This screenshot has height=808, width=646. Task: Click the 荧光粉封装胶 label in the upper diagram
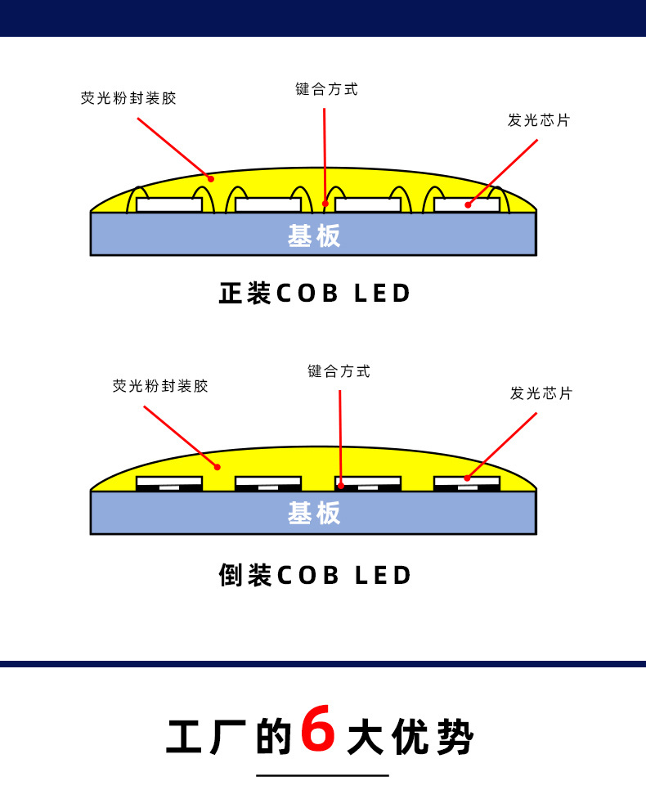tap(128, 98)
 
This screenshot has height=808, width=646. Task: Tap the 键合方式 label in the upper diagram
tap(326, 89)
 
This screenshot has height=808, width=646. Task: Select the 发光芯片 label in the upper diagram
tap(538, 120)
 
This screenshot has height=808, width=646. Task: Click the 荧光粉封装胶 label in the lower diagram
tap(160, 386)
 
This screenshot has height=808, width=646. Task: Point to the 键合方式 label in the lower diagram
tap(339, 371)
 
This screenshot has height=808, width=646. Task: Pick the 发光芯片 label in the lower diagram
tap(541, 393)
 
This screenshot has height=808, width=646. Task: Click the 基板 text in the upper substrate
tap(314, 236)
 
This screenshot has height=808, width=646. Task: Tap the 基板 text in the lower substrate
tap(314, 514)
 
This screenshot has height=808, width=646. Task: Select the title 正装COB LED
tap(315, 294)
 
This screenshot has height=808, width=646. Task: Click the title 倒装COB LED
tap(315, 575)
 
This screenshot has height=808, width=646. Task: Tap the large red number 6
tap(318, 729)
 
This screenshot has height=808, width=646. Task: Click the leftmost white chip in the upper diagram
tap(169, 204)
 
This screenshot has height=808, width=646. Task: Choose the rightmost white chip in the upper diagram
tap(467, 204)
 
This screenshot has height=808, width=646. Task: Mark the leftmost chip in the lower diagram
tap(169, 483)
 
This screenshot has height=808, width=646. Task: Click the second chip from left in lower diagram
tap(268, 483)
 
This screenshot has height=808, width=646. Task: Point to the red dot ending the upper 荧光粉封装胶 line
tap(210, 178)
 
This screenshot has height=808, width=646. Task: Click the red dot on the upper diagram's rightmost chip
tap(468, 204)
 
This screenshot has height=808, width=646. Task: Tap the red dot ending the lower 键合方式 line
tap(341, 485)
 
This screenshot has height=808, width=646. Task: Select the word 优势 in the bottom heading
tap(433, 738)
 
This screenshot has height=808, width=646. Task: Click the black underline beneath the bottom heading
tap(322, 774)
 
